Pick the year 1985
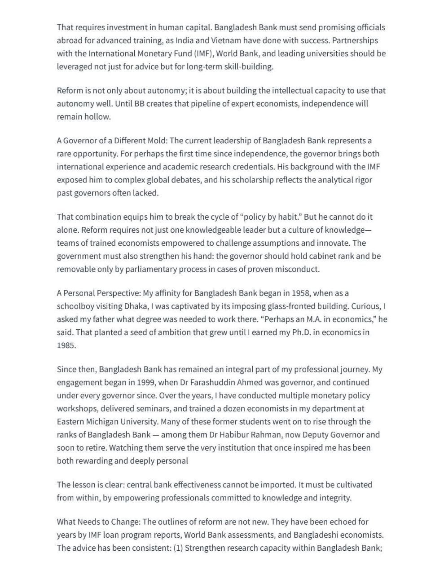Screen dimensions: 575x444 pos(66,346)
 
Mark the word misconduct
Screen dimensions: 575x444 pos(297,270)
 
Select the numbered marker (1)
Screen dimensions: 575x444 pos(178,548)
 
